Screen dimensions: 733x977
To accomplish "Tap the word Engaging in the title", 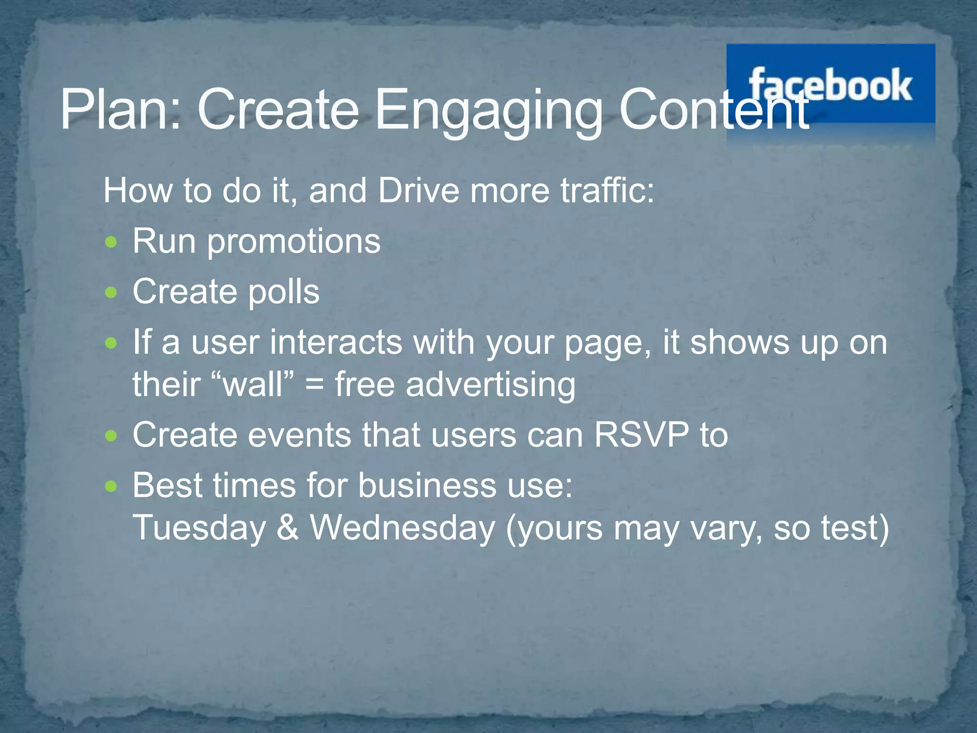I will (x=488, y=112).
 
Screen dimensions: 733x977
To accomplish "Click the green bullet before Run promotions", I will (x=111, y=242).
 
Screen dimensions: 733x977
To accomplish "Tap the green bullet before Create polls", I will (x=111, y=292).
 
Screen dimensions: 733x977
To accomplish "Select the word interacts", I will (x=336, y=343).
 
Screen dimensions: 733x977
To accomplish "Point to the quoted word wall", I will (x=253, y=385).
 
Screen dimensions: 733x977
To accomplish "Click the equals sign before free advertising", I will (x=314, y=385).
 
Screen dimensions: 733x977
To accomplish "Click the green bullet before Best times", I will (x=111, y=486).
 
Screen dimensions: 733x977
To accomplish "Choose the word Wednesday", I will (x=403, y=528).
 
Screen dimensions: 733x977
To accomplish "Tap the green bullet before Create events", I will (x=111, y=435).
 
